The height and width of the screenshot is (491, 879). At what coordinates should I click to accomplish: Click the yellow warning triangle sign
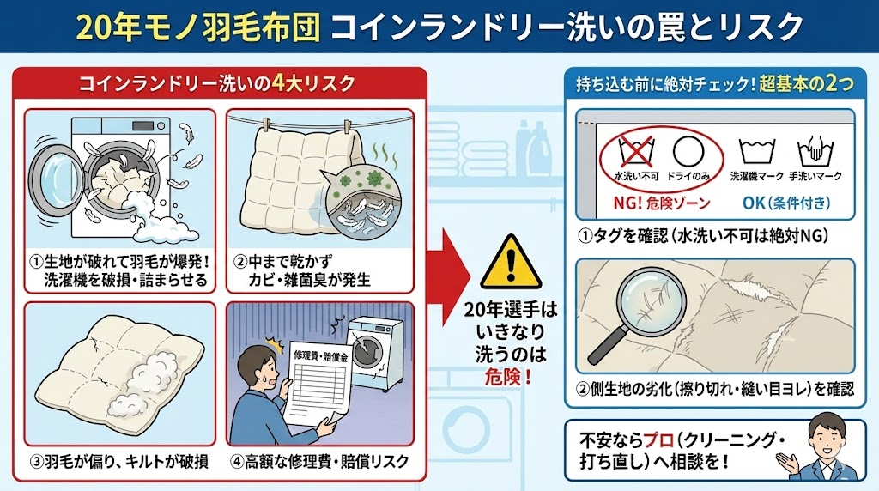coord(511,264)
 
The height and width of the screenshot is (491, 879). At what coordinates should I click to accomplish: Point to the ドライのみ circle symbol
coord(688,151)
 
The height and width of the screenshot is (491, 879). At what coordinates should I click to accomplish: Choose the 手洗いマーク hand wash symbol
coord(815,149)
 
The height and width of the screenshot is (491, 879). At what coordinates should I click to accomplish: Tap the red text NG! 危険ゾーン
coord(662,203)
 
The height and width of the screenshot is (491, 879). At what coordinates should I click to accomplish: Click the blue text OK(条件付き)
coord(786,203)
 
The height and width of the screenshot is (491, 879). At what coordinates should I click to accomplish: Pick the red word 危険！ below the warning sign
coord(508,377)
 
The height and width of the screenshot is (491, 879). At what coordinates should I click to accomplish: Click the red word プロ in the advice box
coord(658,440)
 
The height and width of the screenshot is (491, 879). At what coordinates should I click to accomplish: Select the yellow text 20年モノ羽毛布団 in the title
coord(198,27)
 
